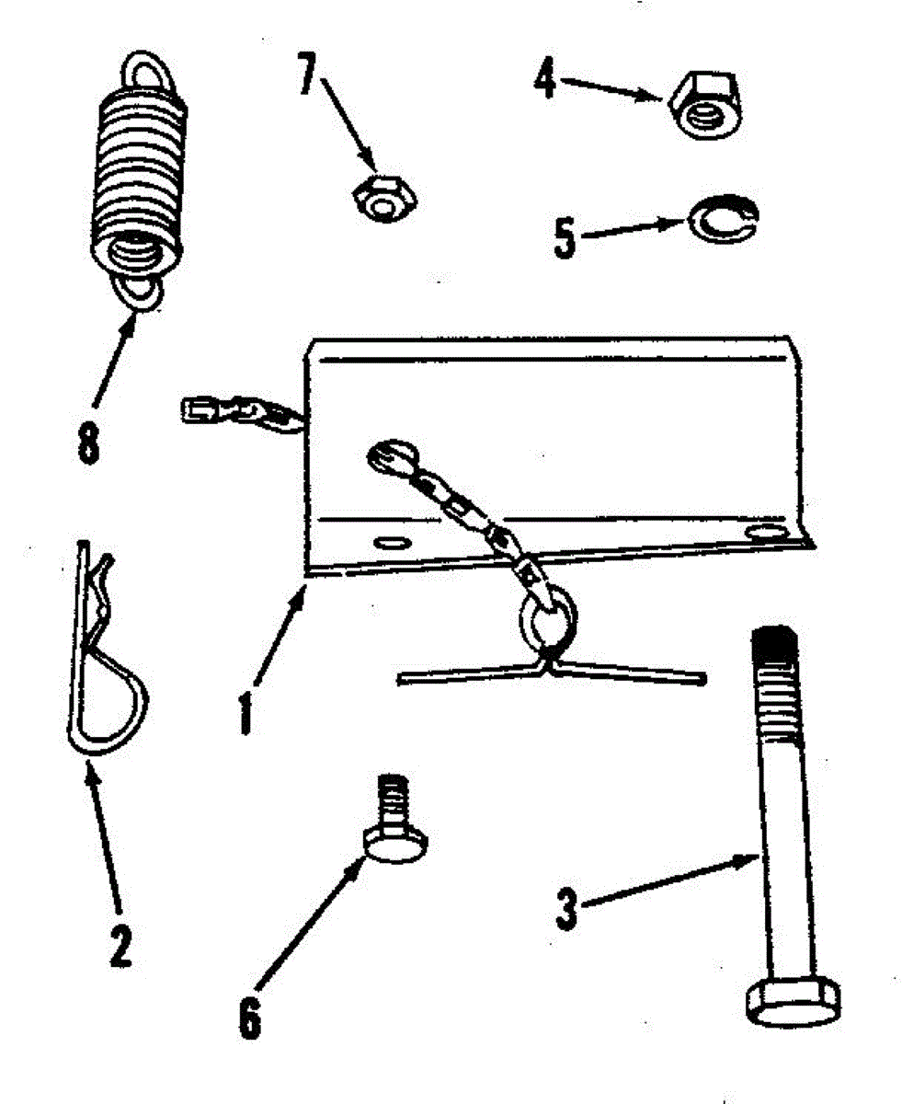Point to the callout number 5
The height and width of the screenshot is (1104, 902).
(564, 236)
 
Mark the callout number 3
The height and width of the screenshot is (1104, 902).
(567, 906)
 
